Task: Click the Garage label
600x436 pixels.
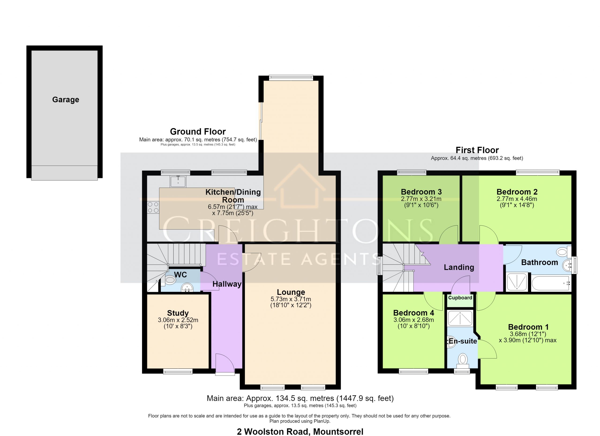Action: [66, 100]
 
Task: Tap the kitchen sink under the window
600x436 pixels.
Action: [178, 181]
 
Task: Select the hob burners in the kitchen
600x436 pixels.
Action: [153, 207]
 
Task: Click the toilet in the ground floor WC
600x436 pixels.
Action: [169, 280]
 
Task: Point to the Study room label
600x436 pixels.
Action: [178, 313]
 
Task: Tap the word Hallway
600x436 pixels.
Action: [227, 284]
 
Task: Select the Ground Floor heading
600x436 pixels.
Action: [198, 131]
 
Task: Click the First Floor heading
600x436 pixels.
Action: [477, 150]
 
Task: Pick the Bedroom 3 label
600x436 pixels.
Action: [421, 192]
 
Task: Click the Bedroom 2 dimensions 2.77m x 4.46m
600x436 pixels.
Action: [517, 199]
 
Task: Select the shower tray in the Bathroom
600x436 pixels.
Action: [517, 282]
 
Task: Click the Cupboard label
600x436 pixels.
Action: [460, 298]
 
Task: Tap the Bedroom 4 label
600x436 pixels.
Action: [413, 313]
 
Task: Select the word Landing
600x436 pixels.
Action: [459, 267]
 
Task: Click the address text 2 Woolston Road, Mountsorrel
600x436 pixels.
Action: [300, 432]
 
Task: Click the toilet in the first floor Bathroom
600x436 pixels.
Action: [563, 252]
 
